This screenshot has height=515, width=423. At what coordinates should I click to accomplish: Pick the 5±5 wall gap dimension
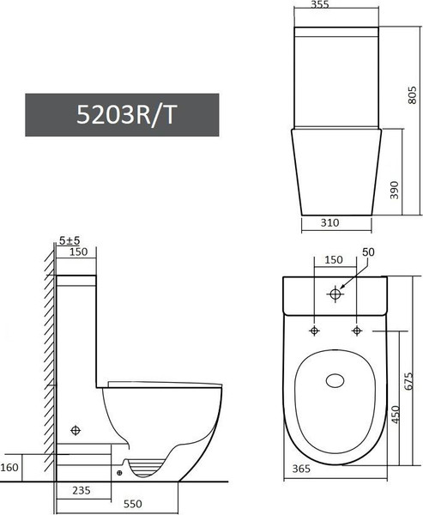69,241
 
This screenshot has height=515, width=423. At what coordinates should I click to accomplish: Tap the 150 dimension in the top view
333,259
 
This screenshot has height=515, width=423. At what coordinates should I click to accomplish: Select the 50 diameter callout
370,252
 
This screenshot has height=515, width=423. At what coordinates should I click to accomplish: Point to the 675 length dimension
409,378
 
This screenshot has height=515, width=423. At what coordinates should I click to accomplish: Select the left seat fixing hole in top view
315,331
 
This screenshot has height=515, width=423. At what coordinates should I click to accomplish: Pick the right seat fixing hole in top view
356,331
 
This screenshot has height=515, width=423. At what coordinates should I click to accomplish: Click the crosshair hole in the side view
77,429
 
